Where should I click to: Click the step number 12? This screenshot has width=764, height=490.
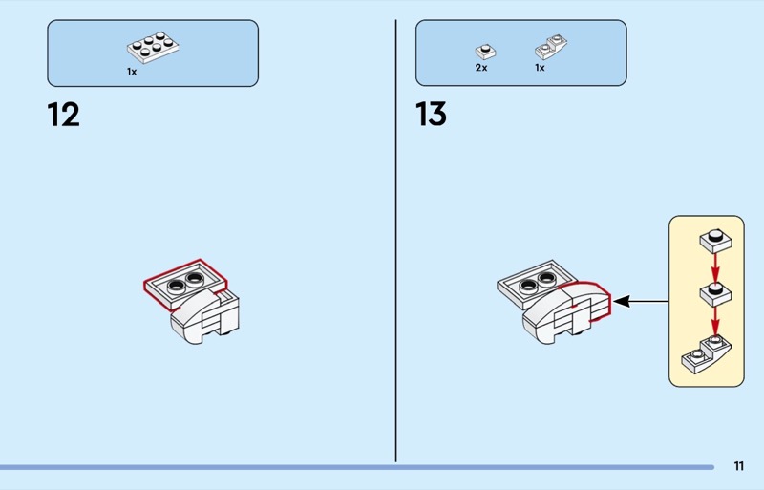pos(63,115)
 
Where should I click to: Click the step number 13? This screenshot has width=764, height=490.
pos(432,115)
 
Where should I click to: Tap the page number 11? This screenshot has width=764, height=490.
pos(738,466)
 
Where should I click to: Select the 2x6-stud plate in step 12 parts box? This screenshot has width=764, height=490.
pos(153,48)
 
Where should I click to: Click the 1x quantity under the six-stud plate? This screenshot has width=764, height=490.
pos(132,72)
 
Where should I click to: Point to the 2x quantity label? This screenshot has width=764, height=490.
pos(481,68)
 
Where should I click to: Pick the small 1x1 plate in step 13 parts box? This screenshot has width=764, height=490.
pos(485,52)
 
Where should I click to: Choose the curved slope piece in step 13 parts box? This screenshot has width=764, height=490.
pos(551,47)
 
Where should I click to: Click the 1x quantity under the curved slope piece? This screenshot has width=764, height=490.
pos(540,68)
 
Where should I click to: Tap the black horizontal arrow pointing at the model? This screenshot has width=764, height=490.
pos(641,301)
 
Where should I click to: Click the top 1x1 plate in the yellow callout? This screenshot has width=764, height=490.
pos(715,241)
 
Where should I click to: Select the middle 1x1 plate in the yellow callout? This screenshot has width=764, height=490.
pos(715,294)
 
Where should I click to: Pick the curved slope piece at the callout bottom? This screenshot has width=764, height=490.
pos(707,354)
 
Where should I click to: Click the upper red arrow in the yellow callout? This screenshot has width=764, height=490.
pos(715,267)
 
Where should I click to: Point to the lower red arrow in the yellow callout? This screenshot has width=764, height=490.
pos(715,321)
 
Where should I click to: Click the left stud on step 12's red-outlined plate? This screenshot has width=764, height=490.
pos(177,286)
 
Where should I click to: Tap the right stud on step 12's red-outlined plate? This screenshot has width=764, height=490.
pos(195,278)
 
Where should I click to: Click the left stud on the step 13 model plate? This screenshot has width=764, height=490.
pos(528,286)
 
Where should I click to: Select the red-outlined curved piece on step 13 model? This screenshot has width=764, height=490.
pos(584,302)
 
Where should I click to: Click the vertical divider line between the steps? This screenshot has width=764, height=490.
pos(395,241)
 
